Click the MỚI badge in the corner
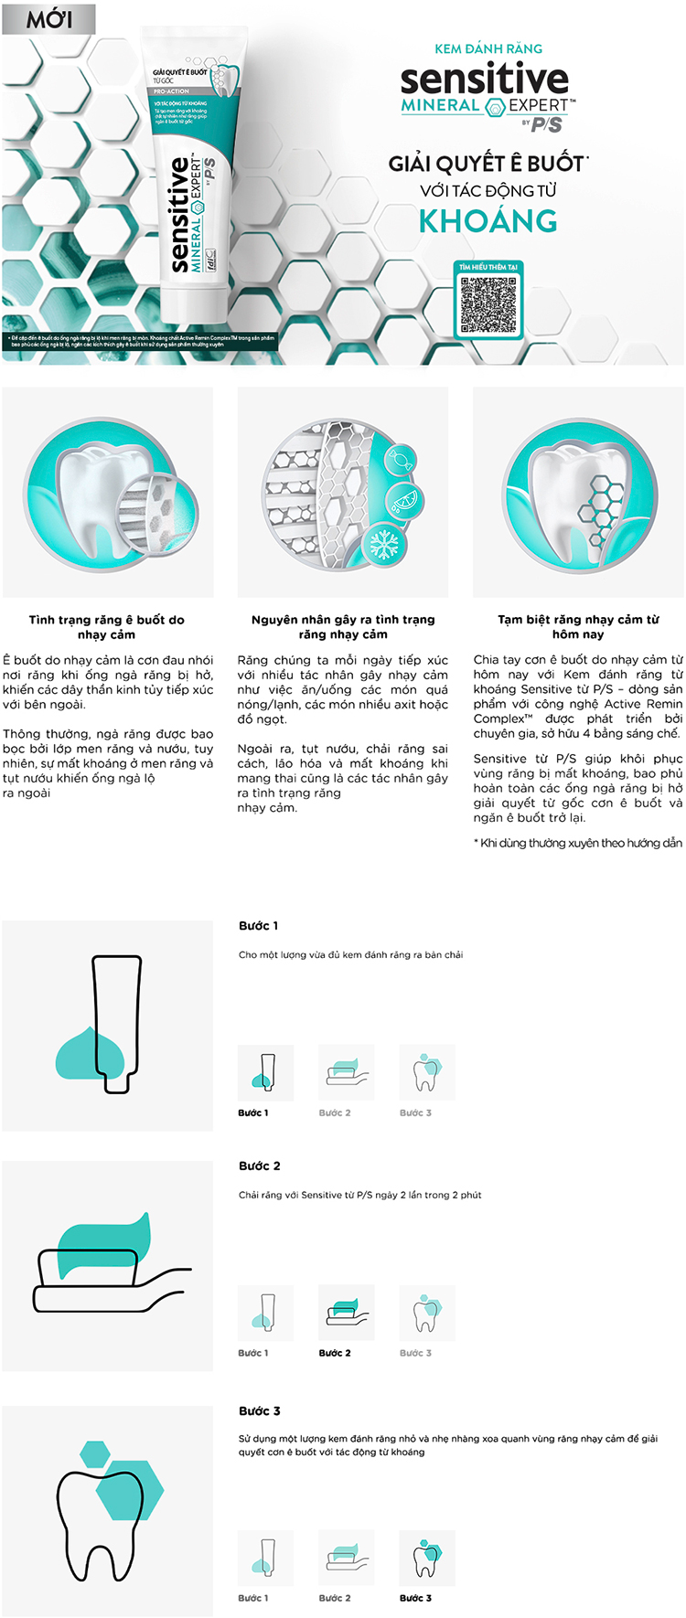click(48, 19)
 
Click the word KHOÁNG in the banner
click(488, 221)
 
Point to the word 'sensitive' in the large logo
click(484, 80)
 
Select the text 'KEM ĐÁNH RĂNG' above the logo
click(488, 48)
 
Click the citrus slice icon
click(402, 500)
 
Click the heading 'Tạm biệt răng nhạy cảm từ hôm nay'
click(578, 626)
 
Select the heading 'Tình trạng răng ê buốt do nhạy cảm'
click(107, 626)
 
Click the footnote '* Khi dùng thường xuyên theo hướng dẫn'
click(578, 843)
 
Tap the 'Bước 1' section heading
click(259, 926)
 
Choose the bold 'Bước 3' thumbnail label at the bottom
click(415, 1598)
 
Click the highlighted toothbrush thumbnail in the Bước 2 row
click(346, 1313)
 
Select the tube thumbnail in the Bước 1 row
click(265, 1072)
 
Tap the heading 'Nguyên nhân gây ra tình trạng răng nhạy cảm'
click(343, 626)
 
